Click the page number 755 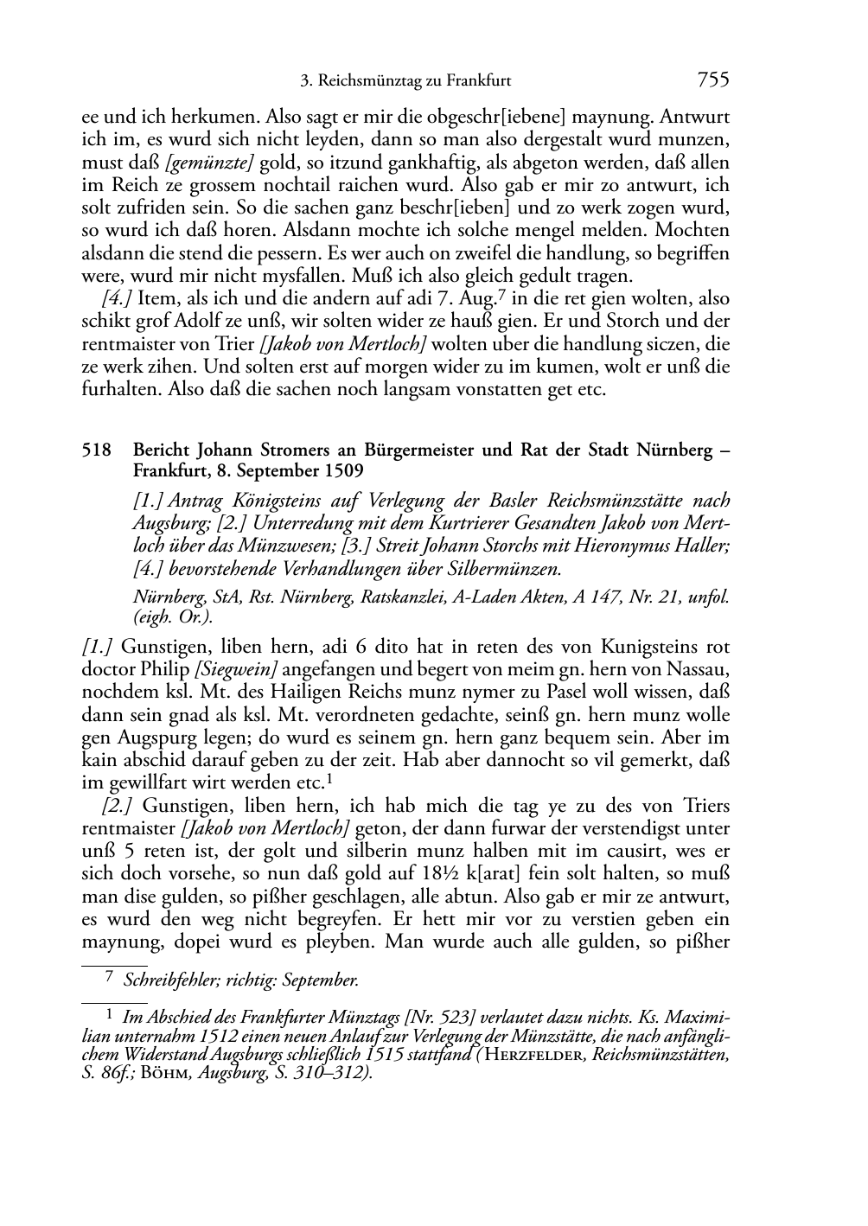(x=712, y=80)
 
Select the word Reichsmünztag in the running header (x=370, y=81)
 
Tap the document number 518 (x=96, y=450)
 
